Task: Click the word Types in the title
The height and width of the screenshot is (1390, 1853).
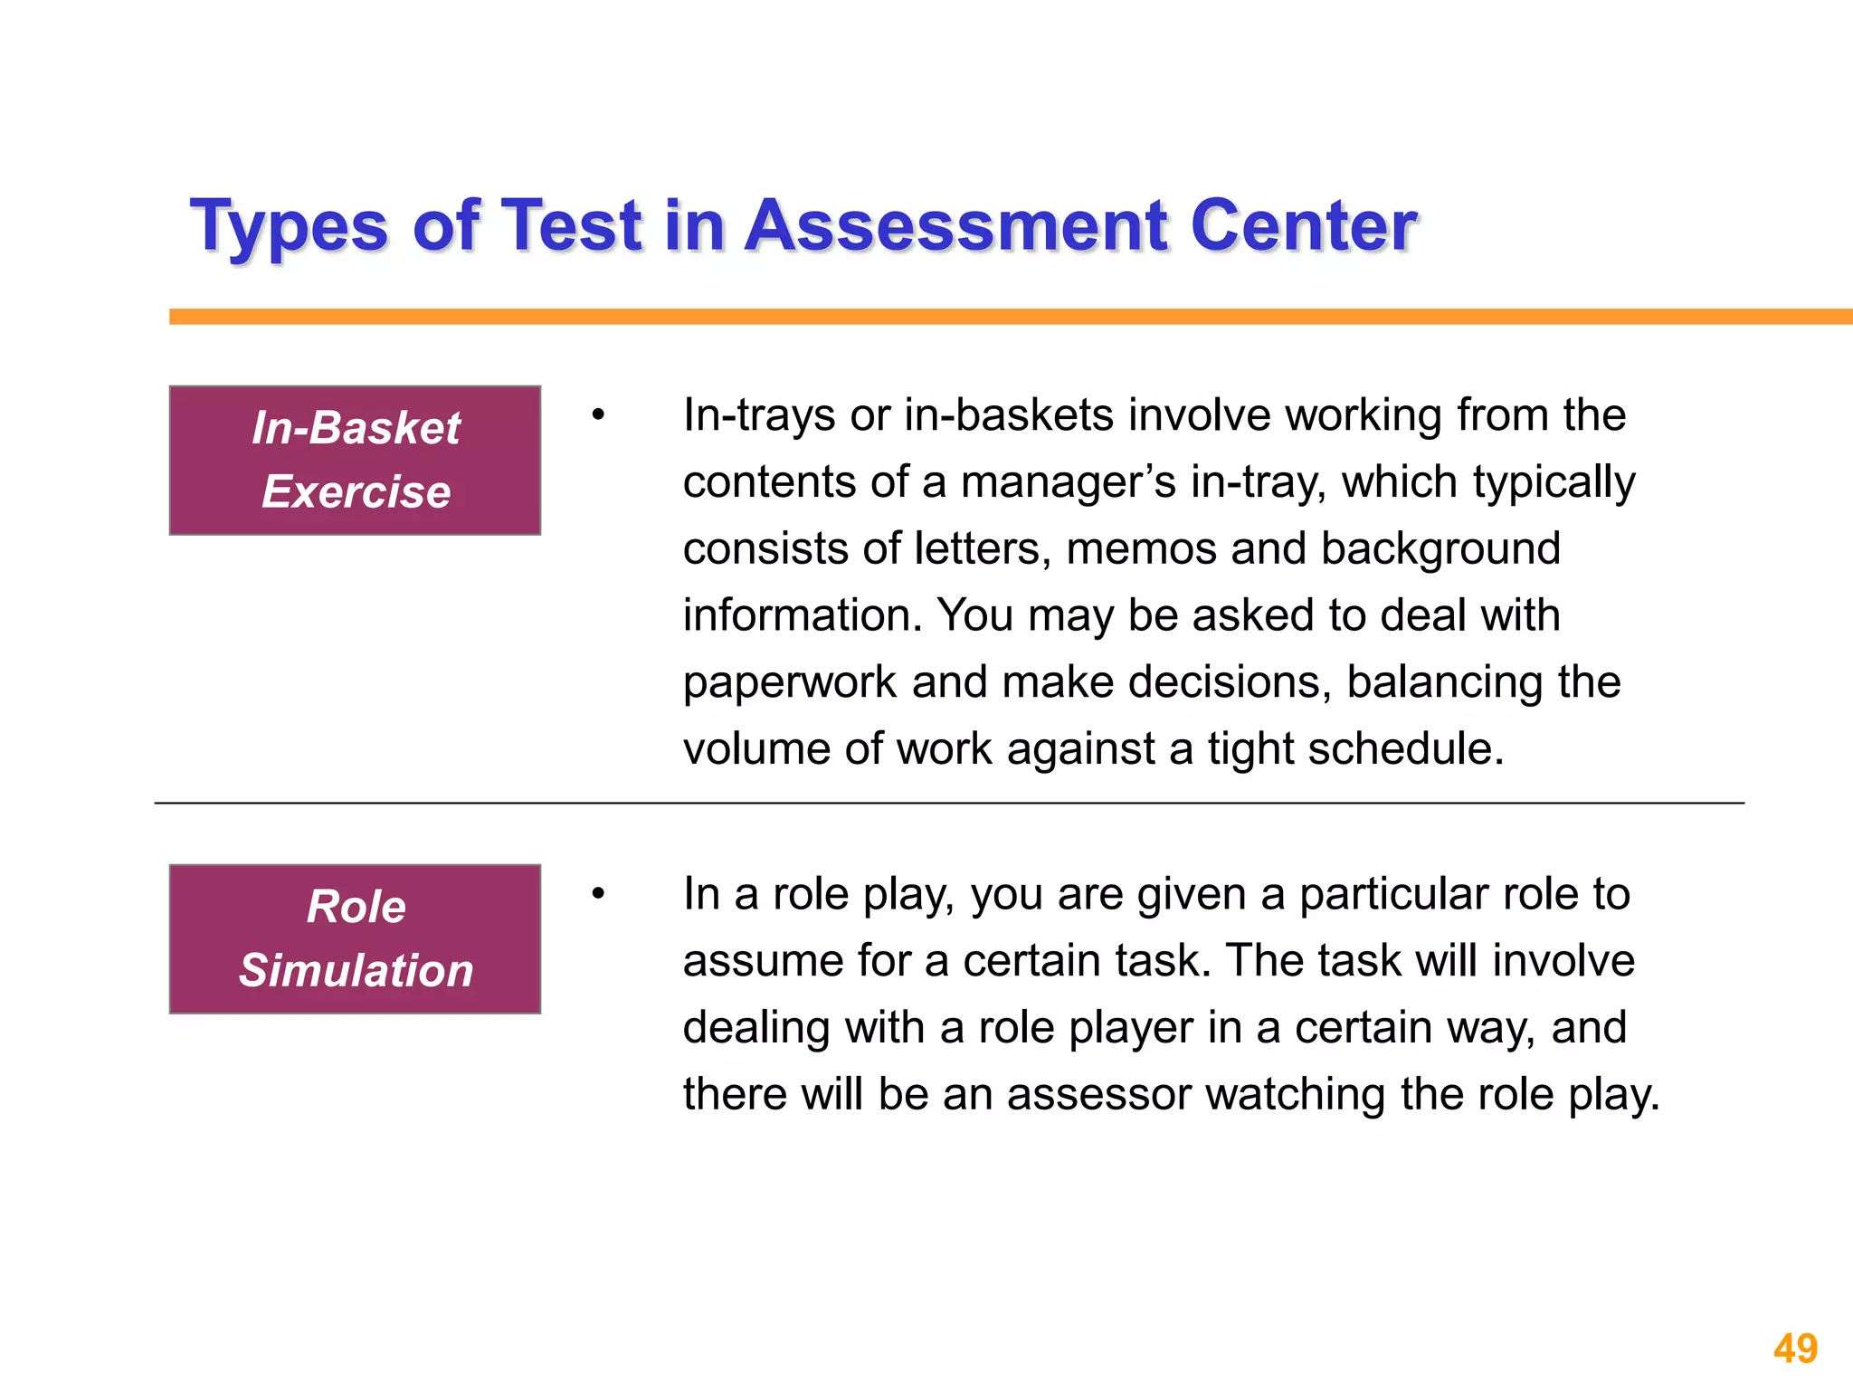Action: [x=290, y=226]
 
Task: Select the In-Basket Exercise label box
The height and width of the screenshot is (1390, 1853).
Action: [x=355, y=460]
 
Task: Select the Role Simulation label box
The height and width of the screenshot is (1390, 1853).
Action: [x=355, y=938]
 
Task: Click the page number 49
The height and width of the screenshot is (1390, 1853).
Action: [x=1795, y=1348]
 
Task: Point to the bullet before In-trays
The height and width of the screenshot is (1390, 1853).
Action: [x=597, y=415]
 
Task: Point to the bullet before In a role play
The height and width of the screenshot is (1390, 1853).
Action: [x=597, y=894]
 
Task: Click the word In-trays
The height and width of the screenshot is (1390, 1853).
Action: [x=758, y=416]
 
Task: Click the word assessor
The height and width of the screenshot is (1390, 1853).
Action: [x=1098, y=1095]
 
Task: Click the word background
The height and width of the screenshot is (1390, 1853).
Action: [x=1440, y=549]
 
